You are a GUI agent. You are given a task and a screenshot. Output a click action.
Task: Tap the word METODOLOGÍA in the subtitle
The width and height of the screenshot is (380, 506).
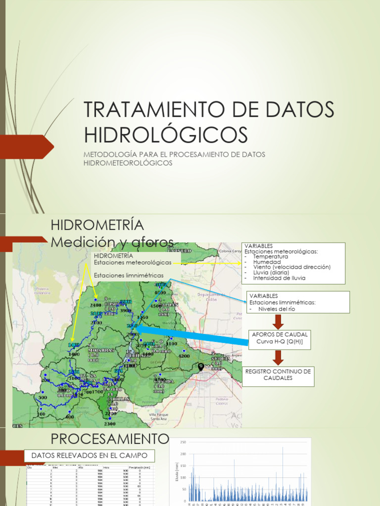[107, 155]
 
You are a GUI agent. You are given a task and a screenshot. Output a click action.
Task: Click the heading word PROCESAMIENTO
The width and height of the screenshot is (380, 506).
[110, 439]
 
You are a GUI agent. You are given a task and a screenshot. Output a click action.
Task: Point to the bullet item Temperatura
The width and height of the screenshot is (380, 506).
[270, 257]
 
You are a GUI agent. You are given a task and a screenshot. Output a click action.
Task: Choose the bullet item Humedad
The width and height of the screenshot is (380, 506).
[267, 262]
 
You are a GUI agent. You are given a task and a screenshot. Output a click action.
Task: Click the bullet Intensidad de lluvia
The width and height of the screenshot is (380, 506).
[279, 278]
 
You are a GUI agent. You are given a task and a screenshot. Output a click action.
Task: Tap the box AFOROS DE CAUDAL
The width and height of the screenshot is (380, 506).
[280, 338]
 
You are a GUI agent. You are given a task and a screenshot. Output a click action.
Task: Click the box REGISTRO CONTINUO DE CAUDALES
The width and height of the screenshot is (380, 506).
[278, 375]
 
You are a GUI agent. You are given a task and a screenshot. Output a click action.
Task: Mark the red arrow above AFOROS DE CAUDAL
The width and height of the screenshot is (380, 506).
[278, 322]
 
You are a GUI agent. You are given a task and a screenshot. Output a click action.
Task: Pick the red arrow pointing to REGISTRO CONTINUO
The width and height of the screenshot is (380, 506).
[278, 358]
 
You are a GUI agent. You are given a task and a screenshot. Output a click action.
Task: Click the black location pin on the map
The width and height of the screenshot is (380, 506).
[201, 367]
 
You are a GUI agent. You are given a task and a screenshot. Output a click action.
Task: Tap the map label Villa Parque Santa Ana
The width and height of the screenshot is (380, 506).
[159, 417]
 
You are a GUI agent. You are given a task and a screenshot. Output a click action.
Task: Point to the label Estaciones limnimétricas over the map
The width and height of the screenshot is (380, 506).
[128, 275]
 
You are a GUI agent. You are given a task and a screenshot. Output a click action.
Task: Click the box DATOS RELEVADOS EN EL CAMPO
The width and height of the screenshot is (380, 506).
[90, 455]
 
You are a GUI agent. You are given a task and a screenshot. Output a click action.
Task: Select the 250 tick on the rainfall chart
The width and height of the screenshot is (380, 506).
[183, 442]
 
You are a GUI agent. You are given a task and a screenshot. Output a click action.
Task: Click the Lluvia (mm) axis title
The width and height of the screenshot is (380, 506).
[176, 472]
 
